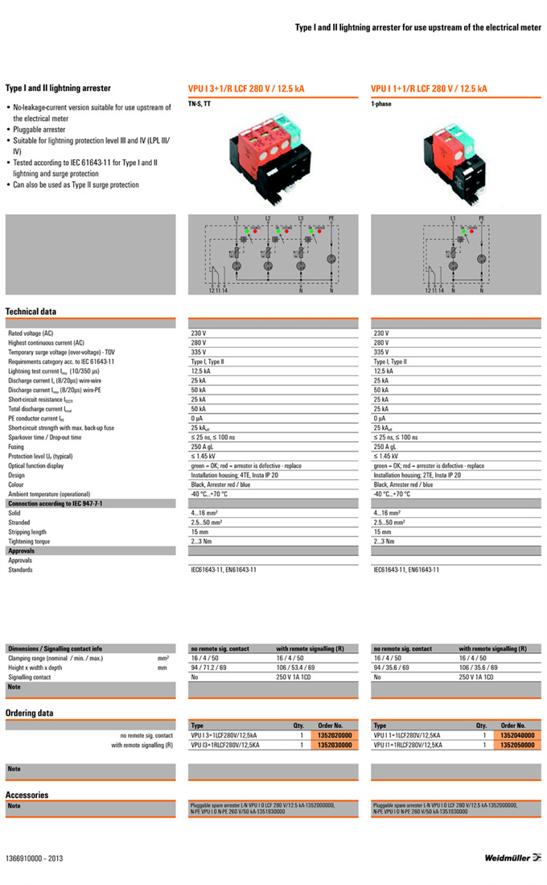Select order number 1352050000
517,745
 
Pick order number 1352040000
517,735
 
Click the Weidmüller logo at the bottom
512,858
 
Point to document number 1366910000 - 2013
34,858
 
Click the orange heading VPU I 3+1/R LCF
246,89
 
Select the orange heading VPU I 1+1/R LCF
429,89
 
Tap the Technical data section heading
31,311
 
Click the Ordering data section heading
30,713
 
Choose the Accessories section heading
27,795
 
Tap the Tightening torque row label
29,541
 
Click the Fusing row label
16,446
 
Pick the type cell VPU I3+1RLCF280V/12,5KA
225,745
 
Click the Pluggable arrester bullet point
39,130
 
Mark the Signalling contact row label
30,677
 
